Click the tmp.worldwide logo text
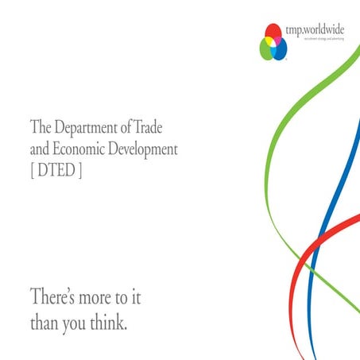point(315,29)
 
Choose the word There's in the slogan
point(55,298)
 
